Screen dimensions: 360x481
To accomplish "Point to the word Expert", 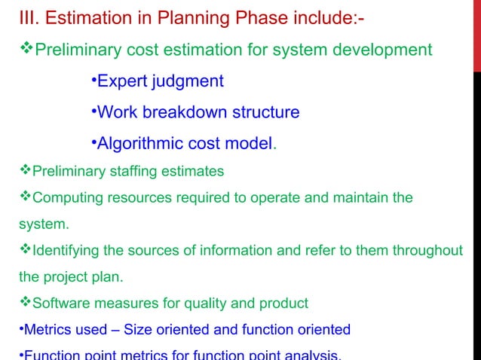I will (x=123, y=81).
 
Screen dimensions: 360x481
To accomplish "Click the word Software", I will (x=60, y=304).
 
